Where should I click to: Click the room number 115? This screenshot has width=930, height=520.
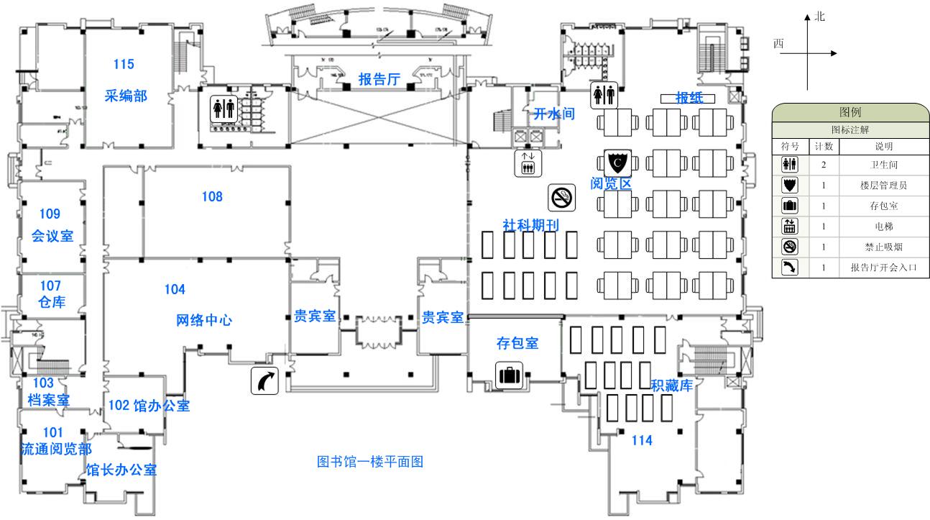tap(124, 65)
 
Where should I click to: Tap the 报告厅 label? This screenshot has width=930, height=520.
tap(379, 79)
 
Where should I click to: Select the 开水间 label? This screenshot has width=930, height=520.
tap(553, 114)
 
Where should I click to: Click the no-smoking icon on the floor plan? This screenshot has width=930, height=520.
tap(562, 198)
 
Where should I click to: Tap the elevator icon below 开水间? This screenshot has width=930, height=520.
tap(528, 163)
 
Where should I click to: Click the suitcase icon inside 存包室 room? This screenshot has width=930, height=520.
tap(508, 374)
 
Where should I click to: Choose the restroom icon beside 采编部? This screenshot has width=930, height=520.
tap(224, 108)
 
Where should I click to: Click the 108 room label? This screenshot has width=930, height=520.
tap(212, 196)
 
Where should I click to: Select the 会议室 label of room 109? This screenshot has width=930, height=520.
tap(52, 236)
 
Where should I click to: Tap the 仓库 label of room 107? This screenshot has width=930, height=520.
tap(52, 302)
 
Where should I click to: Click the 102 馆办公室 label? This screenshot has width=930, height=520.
tap(149, 406)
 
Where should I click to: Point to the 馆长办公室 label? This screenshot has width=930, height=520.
tap(121, 470)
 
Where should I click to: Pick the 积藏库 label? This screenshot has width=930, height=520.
tap(671, 386)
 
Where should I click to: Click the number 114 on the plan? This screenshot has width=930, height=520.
tap(642, 440)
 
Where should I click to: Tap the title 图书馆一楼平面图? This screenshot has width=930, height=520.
tap(370, 462)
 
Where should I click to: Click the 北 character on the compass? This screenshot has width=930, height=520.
tap(820, 17)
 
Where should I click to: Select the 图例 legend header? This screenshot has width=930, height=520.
tap(850, 112)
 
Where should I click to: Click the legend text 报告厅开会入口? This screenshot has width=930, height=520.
tap(884, 268)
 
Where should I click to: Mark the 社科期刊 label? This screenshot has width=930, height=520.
tap(530, 225)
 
